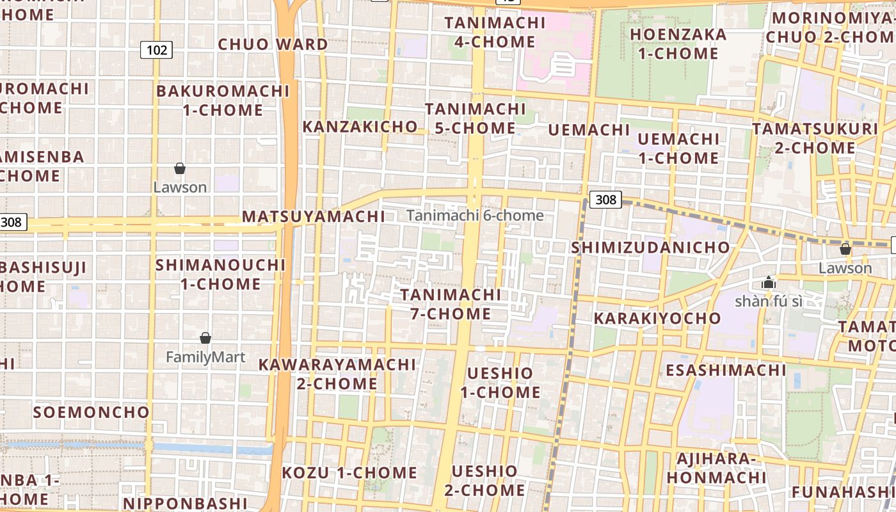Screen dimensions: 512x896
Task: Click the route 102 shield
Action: (x=157, y=50)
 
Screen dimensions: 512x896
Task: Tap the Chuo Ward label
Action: (x=273, y=44)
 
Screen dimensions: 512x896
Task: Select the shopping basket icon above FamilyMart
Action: (x=205, y=338)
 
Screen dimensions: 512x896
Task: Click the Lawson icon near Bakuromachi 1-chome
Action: (x=180, y=168)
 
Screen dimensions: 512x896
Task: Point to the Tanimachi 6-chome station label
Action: (x=475, y=216)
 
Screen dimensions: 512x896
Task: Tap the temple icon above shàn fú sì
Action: (x=769, y=282)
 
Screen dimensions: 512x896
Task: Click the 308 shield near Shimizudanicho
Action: (x=605, y=200)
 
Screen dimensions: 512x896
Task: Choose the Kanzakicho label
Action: (x=360, y=127)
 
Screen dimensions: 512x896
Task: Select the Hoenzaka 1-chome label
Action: (x=678, y=44)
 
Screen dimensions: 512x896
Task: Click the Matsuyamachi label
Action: (x=314, y=216)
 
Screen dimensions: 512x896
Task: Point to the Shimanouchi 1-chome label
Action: (x=220, y=274)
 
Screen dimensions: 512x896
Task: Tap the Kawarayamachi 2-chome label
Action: (x=337, y=374)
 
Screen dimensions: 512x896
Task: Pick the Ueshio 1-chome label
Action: (x=500, y=382)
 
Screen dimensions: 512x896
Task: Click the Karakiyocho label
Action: (x=657, y=318)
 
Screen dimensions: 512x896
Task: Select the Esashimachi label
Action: (x=726, y=370)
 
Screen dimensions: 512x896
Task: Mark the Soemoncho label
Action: (x=92, y=412)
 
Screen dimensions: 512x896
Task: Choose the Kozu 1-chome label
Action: (x=349, y=473)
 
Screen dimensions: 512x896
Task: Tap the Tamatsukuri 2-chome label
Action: (x=815, y=138)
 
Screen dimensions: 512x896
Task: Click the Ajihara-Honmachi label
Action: (x=716, y=468)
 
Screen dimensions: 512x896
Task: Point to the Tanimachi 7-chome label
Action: (x=451, y=304)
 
